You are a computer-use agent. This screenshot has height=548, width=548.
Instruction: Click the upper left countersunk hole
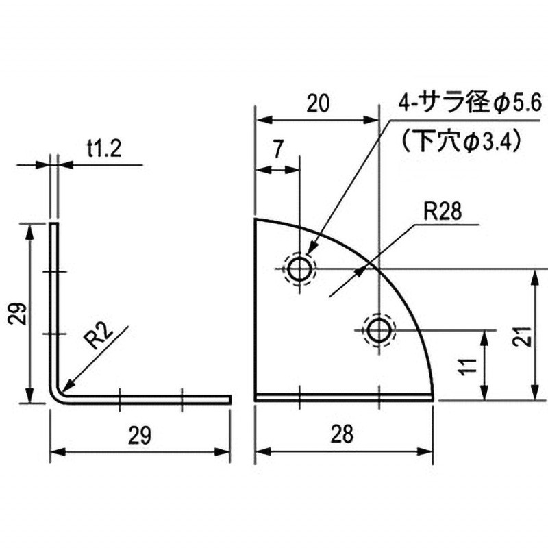pos(299,269)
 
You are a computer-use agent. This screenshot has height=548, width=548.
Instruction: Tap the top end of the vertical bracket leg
pos(53,223)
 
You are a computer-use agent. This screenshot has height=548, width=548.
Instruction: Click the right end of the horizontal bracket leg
pos(229,398)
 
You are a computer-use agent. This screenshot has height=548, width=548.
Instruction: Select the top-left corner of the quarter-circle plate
pos(256,220)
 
